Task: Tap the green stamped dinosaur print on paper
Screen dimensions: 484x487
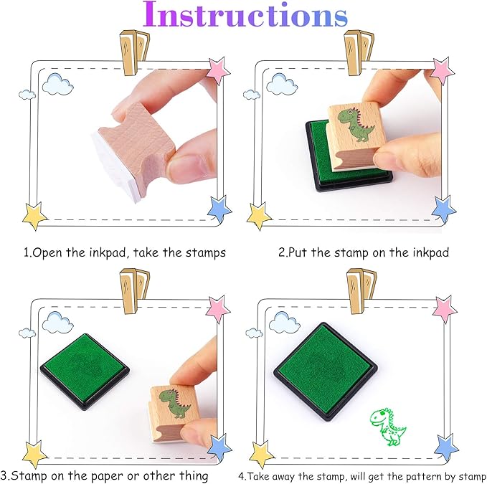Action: (388, 426)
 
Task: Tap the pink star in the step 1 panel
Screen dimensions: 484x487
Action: (217, 70)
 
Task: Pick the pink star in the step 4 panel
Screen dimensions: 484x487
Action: (445, 309)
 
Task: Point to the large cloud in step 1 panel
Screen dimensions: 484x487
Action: (58, 85)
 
